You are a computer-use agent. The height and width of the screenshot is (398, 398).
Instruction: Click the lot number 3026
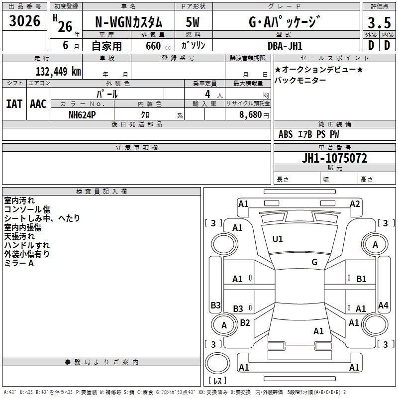click(25, 21)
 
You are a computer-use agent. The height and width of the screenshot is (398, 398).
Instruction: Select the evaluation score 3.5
click(379, 23)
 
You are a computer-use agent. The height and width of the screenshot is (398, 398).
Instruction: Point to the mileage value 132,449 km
click(58, 71)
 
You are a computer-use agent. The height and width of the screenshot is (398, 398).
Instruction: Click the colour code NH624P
click(83, 114)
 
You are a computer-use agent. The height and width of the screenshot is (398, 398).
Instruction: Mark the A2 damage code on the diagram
click(355, 203)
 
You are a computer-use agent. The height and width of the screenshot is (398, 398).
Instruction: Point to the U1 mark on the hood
click(278, 239)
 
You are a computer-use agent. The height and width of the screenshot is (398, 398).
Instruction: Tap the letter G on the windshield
click(314, 262)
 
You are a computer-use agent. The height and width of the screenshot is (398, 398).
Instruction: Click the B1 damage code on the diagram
click(361, 279)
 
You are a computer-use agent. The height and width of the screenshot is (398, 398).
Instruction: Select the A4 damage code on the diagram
click(383, 305)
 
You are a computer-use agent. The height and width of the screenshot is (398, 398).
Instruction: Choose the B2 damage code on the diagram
click(245, 323)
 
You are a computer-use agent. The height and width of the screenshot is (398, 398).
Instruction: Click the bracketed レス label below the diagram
click(217, 381)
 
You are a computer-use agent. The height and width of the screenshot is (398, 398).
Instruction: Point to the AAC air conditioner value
click(38, 104)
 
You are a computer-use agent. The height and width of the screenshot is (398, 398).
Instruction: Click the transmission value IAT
click(14, 104)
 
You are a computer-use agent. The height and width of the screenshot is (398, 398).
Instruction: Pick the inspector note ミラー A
click(19, 263)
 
